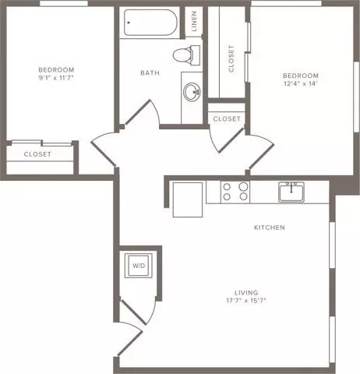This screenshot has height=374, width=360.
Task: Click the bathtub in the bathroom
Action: pos(150,23)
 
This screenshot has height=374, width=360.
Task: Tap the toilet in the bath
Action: pos(186,55)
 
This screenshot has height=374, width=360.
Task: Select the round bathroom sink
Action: pos(192,92)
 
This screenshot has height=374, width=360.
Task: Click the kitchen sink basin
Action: pos(291,192)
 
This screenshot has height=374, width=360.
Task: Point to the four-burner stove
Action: pos(235,192)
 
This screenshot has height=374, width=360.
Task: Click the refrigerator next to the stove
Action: pos(188,199)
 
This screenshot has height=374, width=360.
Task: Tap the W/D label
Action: pos(139,266)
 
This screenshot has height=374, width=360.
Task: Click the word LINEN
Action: pos(194,21)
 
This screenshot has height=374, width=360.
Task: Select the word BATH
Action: pos(150,72)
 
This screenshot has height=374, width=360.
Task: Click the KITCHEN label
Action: pos(270,228)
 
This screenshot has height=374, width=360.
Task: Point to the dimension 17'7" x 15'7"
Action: pos(246,301)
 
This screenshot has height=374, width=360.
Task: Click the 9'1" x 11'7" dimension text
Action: pos(56,78)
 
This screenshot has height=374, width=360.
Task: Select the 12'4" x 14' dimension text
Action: pos(301,83)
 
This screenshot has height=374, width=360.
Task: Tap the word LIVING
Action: pos(246,293)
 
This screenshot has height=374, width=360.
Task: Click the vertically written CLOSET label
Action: pos(231,58)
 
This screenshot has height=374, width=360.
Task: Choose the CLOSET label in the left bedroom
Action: pos(37,154)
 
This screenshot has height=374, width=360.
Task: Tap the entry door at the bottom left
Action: pos(130,340)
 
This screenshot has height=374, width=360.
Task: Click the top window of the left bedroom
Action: pos(64,3)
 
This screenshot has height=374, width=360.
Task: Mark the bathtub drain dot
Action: pos(129,23)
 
